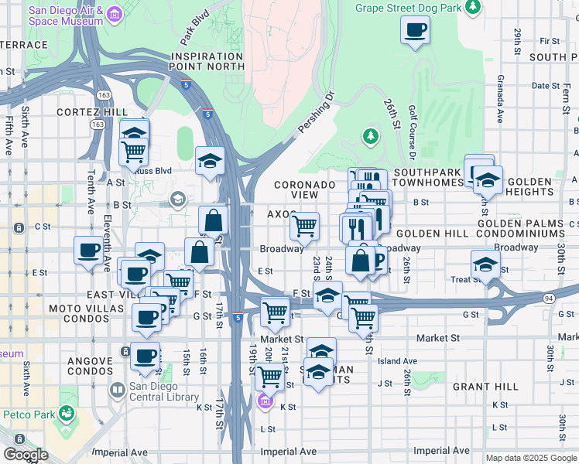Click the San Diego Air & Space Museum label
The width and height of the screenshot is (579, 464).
[66, 15]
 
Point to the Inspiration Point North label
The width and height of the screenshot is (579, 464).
[207, 62]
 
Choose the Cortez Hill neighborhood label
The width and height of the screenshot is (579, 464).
[91, 112]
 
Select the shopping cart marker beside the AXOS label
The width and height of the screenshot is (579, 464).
[305, 226]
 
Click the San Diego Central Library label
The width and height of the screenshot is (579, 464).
[163, 391]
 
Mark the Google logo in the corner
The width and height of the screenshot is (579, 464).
[26, 455]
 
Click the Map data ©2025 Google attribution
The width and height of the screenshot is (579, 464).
[530, 458]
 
